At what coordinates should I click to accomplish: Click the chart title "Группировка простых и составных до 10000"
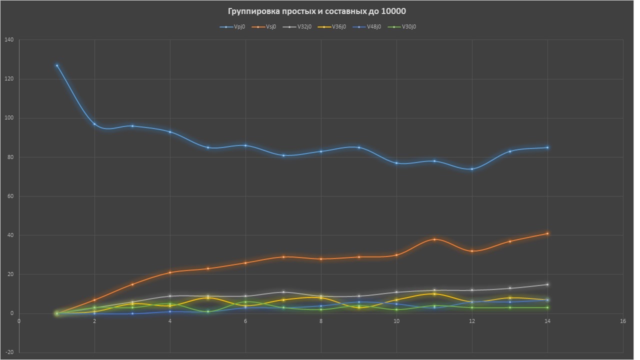[316, 11]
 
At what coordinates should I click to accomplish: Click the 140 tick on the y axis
[9, 39]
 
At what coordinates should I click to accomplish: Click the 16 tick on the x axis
[622, 321]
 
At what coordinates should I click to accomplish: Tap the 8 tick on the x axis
[321, 321]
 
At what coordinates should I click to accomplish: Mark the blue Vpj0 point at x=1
[57, 65]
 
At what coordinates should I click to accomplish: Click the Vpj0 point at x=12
[471, 169]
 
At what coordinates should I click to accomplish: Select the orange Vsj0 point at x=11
[434, 239]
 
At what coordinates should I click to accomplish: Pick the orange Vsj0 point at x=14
[547, 233]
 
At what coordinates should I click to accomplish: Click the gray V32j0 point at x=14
[547, 284]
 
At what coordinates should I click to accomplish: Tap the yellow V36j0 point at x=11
[434, 294]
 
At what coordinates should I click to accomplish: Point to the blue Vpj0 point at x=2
[94, 124]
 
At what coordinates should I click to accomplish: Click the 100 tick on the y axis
[9, 118]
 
